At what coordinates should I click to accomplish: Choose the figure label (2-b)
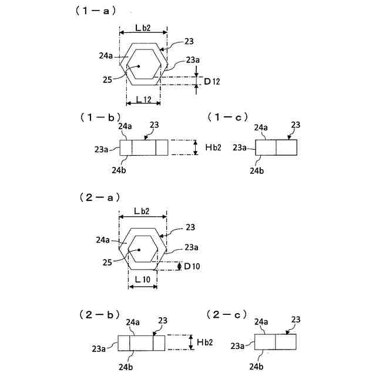pyautogui.click(x=100, y=315)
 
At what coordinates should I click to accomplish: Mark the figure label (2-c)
pyautogui.click(x=227, y=315)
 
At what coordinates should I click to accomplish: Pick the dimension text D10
pyautogui.click(x=193, y=267)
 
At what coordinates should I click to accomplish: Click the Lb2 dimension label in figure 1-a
pyautogui.click(x=144, y=28)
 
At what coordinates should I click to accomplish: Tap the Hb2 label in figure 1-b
pyautogui.click(x=212, y=147)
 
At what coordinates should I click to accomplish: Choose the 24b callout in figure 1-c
pyautogui.click(x=257, y=170)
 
